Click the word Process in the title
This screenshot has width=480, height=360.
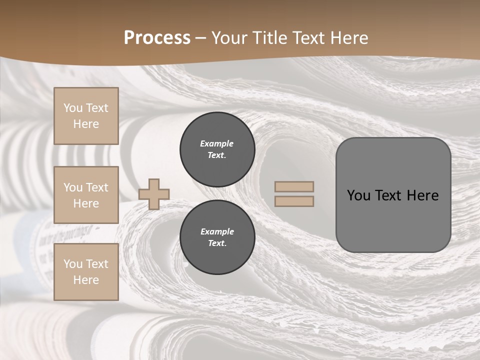click(x=157, y=38)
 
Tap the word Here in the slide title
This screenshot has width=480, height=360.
click(x=348, y=38)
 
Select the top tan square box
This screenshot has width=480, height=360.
click(x=86, y=116)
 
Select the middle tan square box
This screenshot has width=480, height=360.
click(x=86, y=195)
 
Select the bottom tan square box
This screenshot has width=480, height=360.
click(x=86, y=272)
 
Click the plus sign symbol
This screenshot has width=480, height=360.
click(x=154, y=194)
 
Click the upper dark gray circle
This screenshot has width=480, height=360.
click(x=217, y=149)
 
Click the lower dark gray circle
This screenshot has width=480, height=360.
click(x=217, y=237)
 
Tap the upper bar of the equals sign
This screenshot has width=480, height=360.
click(x=294, y=186)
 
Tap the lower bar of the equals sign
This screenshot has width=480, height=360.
click(x=294, y=201)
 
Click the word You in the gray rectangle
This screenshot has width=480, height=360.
click(x=358, y=195)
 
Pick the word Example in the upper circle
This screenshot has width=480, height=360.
click(x=216, y=143)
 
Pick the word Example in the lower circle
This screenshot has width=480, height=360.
click(x=217, y=231)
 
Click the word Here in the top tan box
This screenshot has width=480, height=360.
click(x=86, y=124)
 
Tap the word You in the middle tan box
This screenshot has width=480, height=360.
click(x=72, y=187)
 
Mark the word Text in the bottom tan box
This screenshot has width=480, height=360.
click(x=97, y=264)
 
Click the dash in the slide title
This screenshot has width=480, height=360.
click(x=200, y=38)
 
